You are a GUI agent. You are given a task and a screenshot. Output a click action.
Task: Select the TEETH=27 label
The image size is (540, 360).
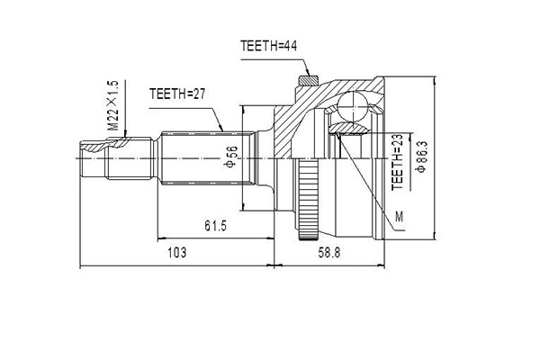[178, 93]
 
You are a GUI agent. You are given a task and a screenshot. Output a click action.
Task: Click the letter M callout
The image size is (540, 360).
[400, 215]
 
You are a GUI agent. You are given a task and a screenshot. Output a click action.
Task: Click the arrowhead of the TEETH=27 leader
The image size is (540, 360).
[224, 131]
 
